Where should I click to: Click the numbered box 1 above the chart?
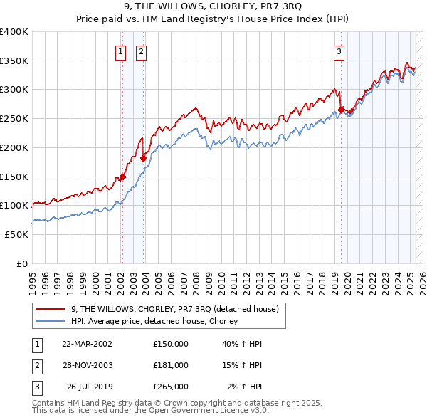(121, 51)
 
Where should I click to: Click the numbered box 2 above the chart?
(142, 51)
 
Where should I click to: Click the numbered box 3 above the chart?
(339, 51)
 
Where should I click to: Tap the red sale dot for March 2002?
(122, 177)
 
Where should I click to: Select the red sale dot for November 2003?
(143, 159)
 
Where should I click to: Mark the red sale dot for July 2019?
(341, 110)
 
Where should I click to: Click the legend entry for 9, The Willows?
(178, 309)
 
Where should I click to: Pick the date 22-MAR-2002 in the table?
(88, 344)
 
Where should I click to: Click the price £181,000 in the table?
(171, 365)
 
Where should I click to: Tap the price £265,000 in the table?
(171, 387)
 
